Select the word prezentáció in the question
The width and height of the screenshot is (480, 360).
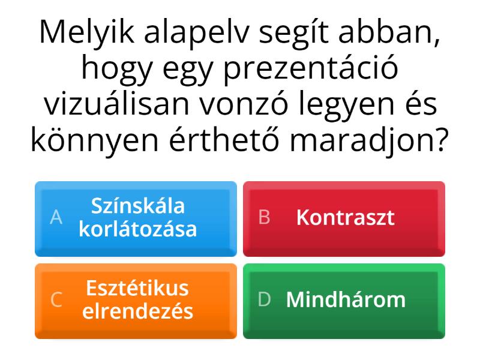(x=311, y=70)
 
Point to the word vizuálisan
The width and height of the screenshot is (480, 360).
(x=116, y=103)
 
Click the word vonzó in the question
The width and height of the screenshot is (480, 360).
(x=244, y=103)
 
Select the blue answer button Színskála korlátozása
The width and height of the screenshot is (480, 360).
(x=136, y=219)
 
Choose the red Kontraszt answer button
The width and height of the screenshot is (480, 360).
(x=344, y=219)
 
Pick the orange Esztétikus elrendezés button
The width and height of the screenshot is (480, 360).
(x=136, y=301)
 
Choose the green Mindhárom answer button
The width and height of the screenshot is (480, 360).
(x=344, y=301)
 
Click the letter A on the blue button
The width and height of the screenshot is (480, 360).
(x=56, y=218)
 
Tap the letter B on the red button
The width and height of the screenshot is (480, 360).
(x=265, y=217)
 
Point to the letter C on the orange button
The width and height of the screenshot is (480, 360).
(x=56, y=299)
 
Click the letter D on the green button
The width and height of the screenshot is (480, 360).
(x=265, y=299)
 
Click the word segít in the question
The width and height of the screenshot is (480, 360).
(x=294, y=34)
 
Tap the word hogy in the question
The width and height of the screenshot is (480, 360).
(x=117, y=70)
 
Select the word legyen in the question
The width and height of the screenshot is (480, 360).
(x=346, y=105)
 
